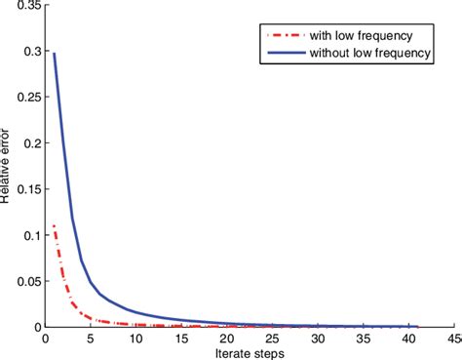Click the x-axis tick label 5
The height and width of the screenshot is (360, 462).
pos(91,340)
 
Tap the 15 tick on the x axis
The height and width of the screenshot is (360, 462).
pos(181,340)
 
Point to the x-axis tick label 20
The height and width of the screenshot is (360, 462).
pos(228,340)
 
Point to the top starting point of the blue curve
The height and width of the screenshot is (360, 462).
pos(54,55)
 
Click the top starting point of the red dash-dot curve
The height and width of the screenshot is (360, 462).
pos(54,226)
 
